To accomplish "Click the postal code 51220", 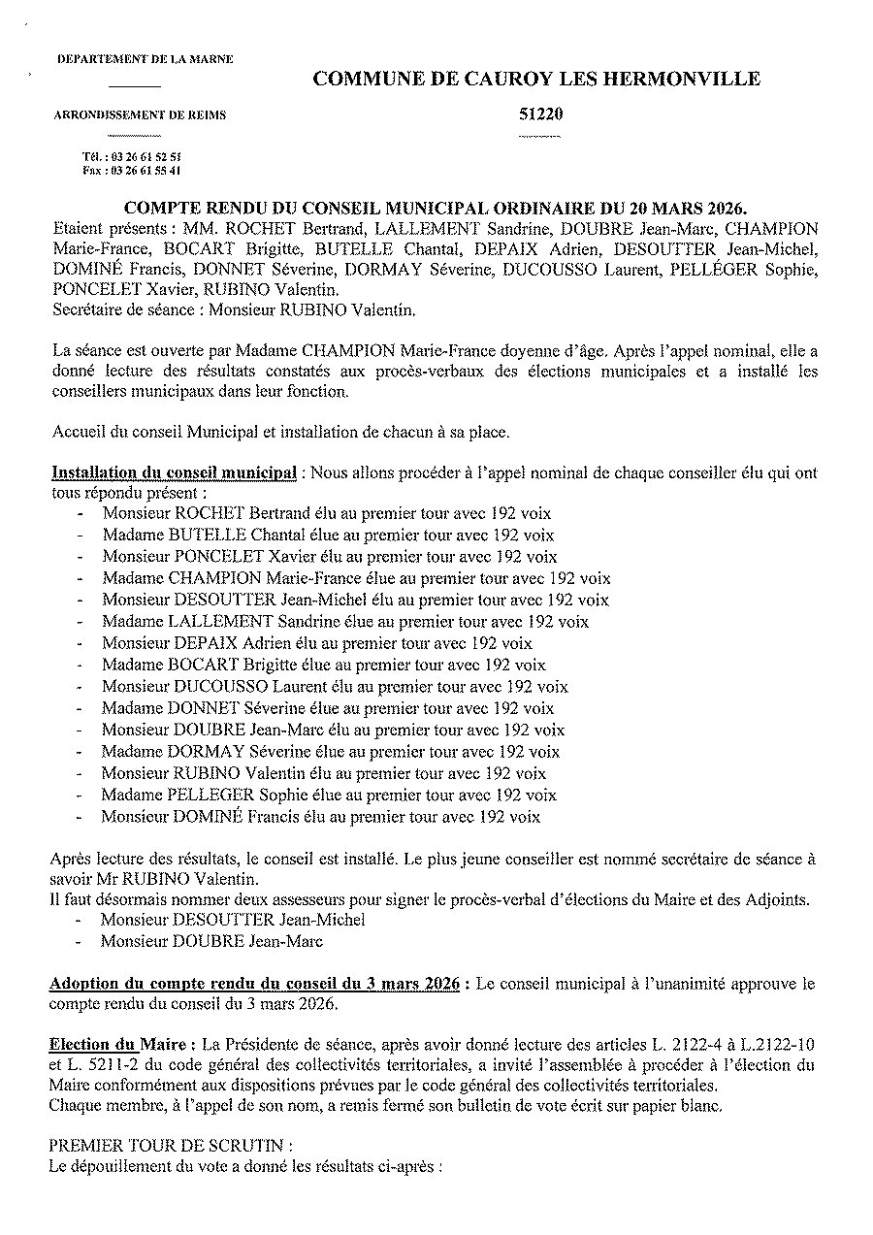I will click(x=541, y=114).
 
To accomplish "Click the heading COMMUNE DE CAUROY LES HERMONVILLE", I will click(x=536, y=80).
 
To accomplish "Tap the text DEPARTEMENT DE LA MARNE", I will click(x=145, y=60).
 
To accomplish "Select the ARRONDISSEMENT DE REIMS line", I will click(x=141, y=115).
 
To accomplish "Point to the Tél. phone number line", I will click(x=132, y=156).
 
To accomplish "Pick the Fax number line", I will click(x=132, y=170).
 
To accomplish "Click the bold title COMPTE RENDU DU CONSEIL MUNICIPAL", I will click(x=436, y=209).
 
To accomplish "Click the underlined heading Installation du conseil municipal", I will click(x=175, y=473).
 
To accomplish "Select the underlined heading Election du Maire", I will click(x=121, y=1044).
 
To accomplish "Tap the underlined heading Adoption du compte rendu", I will click(x=254, y=984).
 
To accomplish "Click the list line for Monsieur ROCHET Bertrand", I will click(x=327, y=513).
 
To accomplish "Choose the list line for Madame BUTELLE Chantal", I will click(x=328, y=535).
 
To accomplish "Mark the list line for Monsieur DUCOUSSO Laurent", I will click(x=335, y=686).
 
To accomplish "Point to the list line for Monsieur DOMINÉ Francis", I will click(x=321, y=817).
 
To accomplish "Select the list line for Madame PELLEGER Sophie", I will click(x=329, y=795).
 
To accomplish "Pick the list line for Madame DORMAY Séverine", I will click(x=331, y=751).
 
